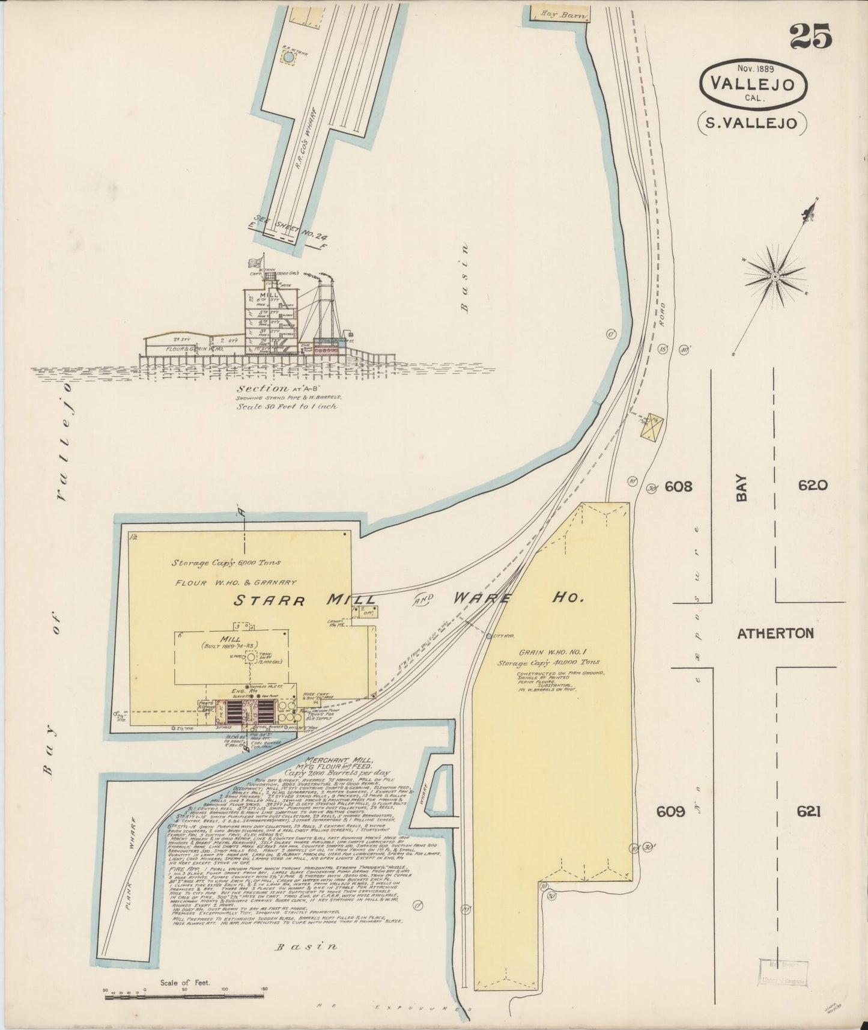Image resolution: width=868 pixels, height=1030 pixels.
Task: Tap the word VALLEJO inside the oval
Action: tap(753, 84)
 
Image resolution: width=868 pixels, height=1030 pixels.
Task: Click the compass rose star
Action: tap(775, 276)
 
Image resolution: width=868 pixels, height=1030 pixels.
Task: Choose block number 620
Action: tap(813, 485)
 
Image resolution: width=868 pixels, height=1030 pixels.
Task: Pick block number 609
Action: tap(670, 812)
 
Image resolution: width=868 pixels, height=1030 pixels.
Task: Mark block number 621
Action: tap(809, 812)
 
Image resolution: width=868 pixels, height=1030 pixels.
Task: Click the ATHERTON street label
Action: tap(775, 633)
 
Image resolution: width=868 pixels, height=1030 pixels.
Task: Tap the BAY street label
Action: tap(743, 488)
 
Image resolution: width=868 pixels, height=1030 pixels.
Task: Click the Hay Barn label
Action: tap(557, 13)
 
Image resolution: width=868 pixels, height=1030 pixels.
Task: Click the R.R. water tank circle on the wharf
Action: tap(288, 57)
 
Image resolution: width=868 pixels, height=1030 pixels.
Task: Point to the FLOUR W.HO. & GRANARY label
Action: tap(236, 582)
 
